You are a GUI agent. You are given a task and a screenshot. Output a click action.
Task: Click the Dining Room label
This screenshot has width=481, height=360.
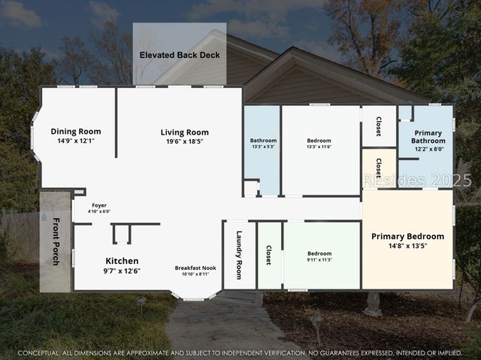click(x=76, y=132)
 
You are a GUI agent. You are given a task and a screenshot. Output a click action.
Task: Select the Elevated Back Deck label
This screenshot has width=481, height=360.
click(x=180, y=55)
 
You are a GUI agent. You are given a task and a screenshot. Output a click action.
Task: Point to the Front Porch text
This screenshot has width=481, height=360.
click(x=56, y=242)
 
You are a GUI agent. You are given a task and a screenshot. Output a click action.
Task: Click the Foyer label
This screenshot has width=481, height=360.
click(x=99, y=205)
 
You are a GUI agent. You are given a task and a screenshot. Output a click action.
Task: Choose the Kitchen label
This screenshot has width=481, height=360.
click(x=121, y=261)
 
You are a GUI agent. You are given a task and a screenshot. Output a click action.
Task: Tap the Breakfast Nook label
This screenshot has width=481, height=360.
click(x=195, y=268)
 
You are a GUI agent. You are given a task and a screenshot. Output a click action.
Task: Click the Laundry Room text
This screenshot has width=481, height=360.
click(x=240, y=255)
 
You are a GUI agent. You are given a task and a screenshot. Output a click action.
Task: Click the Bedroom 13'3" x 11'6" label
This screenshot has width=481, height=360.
click(x=319, y=141)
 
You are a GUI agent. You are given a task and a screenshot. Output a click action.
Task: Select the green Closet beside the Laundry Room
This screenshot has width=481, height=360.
click(x=268, y=255)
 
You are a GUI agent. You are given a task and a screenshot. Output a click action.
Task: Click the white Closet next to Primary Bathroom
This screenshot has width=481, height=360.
click(x=379, y=126)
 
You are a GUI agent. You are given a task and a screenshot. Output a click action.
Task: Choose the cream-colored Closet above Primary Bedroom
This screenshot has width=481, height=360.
click(x=379, y=168)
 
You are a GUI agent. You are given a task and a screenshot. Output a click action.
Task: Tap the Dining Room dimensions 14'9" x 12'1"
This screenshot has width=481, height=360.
click(x=76, y=141)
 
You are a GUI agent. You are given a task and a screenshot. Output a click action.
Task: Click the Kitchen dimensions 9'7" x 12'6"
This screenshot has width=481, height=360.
click(x=121, y=271)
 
